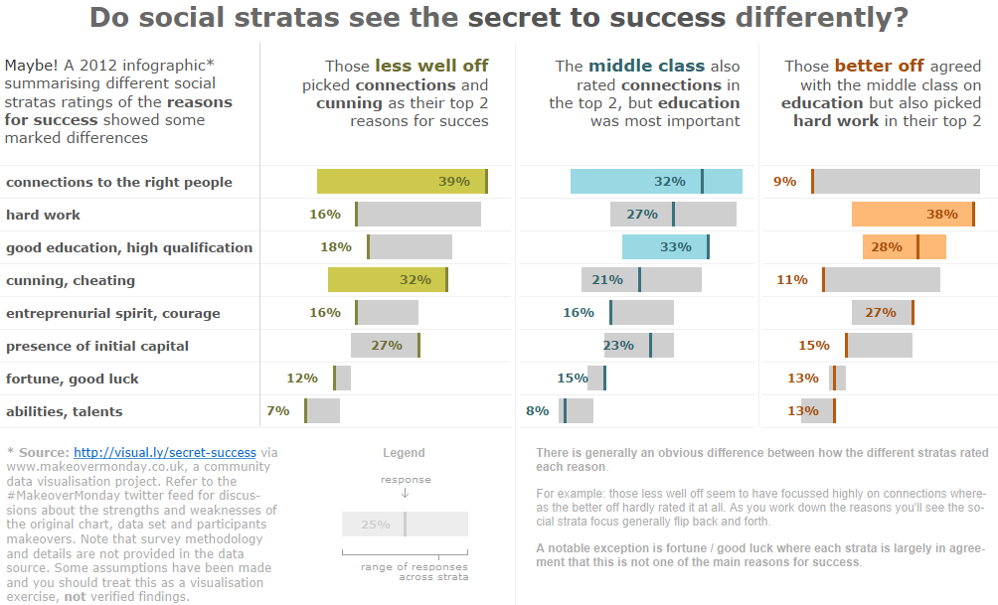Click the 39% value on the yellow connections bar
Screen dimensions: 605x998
(x=454, y=182)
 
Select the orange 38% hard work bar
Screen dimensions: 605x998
(x=913, y=215)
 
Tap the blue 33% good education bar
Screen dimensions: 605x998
(x=664, y=247)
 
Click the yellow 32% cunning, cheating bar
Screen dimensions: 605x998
(x=387, y=280)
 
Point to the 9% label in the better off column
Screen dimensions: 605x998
(x=785, y=182)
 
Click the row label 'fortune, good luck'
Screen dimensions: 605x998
(x=73, y=378)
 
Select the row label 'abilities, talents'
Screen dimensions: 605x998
(x=65, y=411)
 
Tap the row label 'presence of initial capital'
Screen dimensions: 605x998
(x=97, y=346)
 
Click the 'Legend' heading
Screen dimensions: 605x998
(x=404, y=453)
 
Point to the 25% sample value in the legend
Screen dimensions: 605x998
(x=376, y=525)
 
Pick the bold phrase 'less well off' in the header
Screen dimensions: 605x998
(x=432, y=66)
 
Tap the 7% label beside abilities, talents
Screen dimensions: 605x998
(x=278, y=411)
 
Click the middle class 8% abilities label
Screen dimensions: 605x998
(x=537, y=411)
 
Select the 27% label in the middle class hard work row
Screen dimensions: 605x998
(x=642, y=215)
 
